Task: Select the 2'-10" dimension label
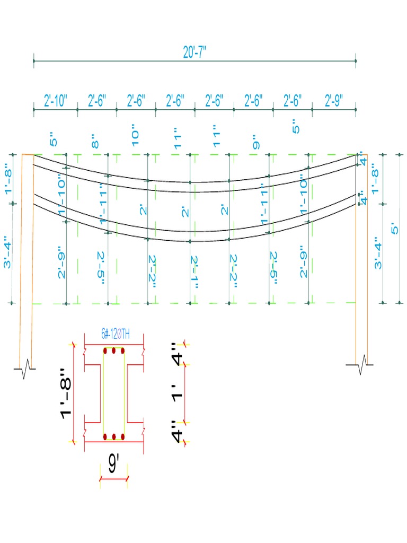pyautogui.click(x=55, y=101)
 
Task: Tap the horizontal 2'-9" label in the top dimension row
pyautogui.click(x=334, y=101)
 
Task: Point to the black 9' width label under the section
pyautogui.click(x=113, y=465)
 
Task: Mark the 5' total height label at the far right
pyautogui.click(x=394, y=229)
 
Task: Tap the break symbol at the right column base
pyautogui.click(x=361, y=365)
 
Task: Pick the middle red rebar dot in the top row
pyautogui.click(x=113, y=351)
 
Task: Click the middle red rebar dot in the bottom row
pyautogui.click(x=113, y=436)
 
